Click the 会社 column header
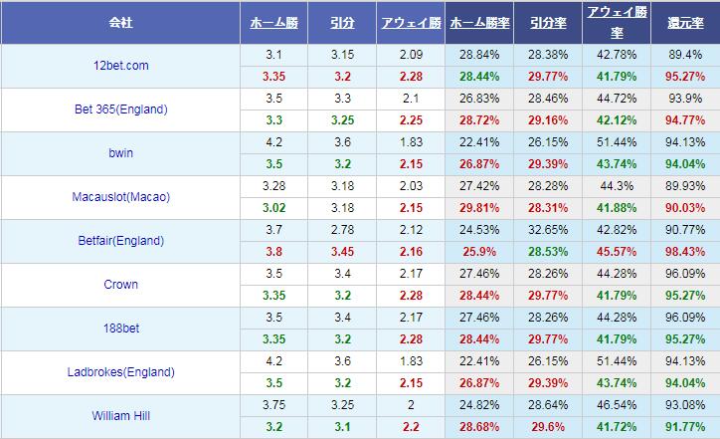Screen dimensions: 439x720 119,21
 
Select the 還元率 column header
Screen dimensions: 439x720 685,21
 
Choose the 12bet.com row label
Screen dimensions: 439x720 119,66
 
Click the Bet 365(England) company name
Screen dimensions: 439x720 119,110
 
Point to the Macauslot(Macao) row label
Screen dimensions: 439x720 119,197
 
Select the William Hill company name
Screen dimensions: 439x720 119,416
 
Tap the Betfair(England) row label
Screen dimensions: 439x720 119,241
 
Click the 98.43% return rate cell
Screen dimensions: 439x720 685,252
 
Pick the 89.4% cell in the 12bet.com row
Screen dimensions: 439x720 685,55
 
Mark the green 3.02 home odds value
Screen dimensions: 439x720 274,208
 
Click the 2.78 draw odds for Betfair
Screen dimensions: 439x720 342,230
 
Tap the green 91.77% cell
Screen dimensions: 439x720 685,427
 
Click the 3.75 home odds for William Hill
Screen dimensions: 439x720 274,405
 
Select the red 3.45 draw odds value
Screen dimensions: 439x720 342,252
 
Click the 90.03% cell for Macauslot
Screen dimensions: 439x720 685,208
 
